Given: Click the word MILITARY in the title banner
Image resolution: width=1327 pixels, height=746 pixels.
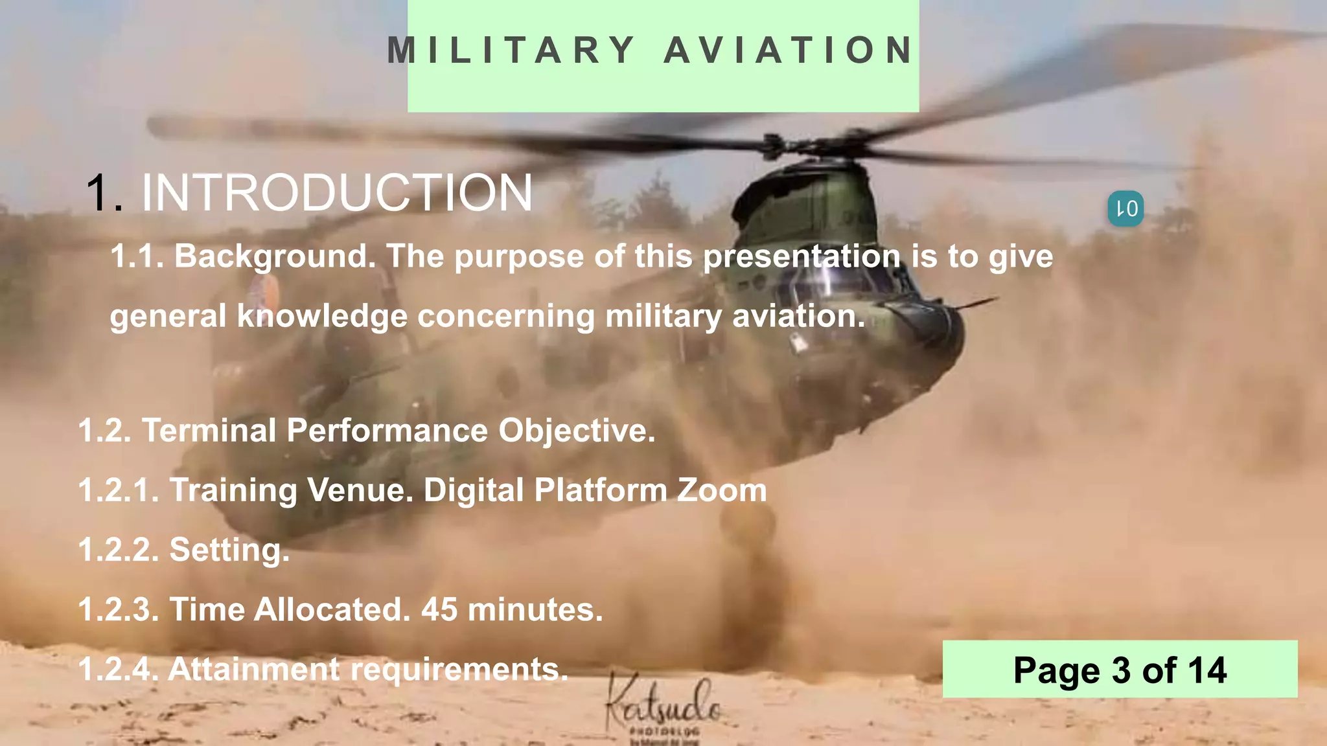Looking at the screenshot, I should click(511, 51).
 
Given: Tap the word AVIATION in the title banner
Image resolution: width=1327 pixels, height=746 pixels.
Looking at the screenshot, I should click(789, 51).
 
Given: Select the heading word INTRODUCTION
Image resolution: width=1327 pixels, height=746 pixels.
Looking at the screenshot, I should click(337, 193).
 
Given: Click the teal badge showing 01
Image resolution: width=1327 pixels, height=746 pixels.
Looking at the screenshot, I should click(1125, 209).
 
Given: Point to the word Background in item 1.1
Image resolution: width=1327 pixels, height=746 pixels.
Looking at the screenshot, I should click(275, 256).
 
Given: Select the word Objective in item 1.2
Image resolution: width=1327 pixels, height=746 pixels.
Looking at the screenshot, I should click(577, 431).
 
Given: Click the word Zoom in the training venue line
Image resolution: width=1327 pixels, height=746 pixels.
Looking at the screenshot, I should click(722, 490).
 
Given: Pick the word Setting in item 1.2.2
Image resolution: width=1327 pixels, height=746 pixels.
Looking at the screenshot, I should click(229, 550).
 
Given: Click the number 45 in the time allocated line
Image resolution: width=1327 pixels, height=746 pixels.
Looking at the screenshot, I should click(439, 609).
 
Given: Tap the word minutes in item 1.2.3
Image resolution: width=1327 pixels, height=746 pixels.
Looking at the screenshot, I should click(535, 609).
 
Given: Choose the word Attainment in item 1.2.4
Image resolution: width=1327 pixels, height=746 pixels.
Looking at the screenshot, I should click(254, 669).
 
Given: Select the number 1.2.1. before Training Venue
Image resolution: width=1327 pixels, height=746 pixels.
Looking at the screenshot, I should click(119, 490).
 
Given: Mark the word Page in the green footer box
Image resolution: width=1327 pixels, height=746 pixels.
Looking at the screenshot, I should click(1056, 670).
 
